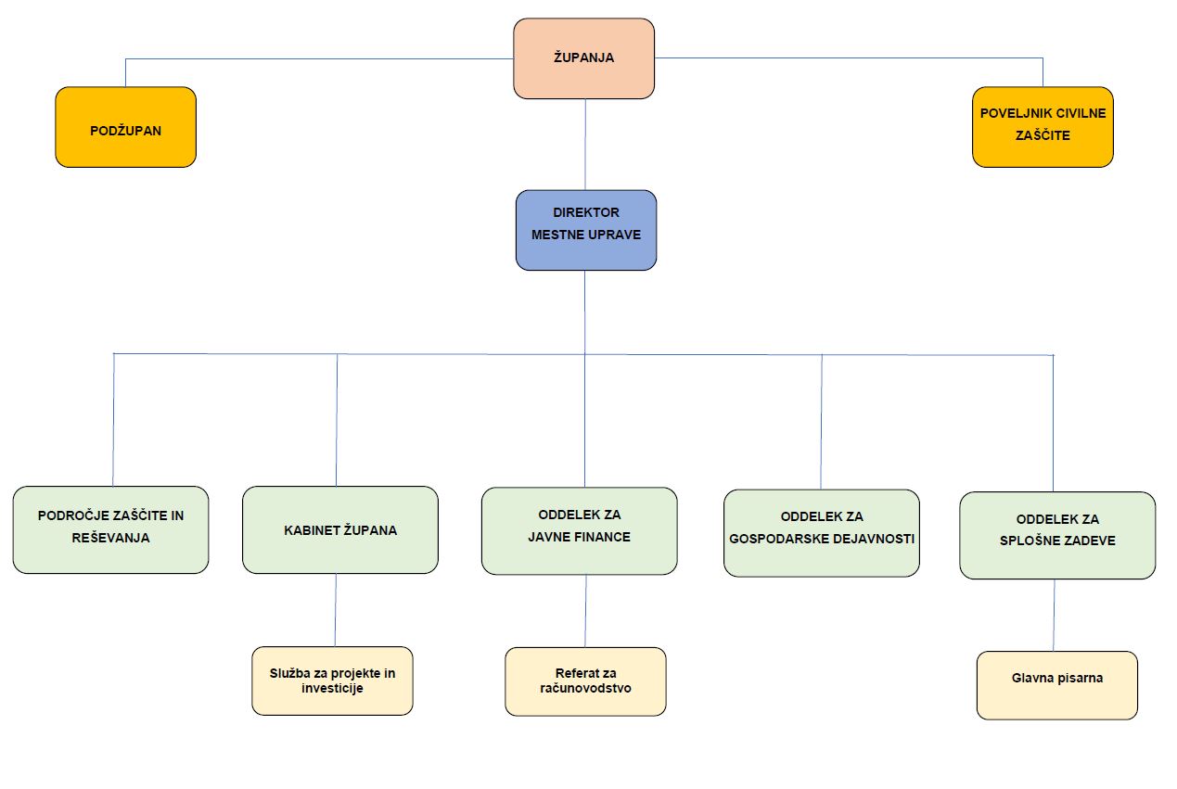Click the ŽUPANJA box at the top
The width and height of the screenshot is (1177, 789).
click(x=583, y=58)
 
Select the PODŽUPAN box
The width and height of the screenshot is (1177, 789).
click(x=125, y=128)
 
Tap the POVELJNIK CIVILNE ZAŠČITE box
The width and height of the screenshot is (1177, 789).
click(x=1043, y=127)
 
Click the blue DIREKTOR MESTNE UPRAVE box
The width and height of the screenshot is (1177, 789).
click(x=585, y=230)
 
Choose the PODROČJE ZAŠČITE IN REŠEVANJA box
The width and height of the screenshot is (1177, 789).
click(x=110, y=529)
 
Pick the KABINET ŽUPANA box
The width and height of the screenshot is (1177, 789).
click(x=339, y=530)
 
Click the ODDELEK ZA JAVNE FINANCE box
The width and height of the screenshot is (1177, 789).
click(x=579, y=531)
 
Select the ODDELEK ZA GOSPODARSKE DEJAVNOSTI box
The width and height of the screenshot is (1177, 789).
click(x=821, y=533)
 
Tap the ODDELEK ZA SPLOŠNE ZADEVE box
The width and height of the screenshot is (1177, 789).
click(x=1057, y=535)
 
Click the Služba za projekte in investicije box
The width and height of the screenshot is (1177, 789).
click(x=332, y=681)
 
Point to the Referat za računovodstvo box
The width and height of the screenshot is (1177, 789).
click(x=585, y=681)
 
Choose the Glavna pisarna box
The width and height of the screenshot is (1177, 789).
click(x=1056, y=685)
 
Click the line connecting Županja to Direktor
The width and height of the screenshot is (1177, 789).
click(x=585, y=144)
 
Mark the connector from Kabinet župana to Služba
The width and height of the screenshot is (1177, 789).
click(x=336, y=610)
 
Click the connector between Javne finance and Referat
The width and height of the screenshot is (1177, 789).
click(x=585, y=611)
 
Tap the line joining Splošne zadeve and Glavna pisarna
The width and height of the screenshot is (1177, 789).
click(x=1054, y=615)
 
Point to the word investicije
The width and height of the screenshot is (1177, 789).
click(x=332, y=689)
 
